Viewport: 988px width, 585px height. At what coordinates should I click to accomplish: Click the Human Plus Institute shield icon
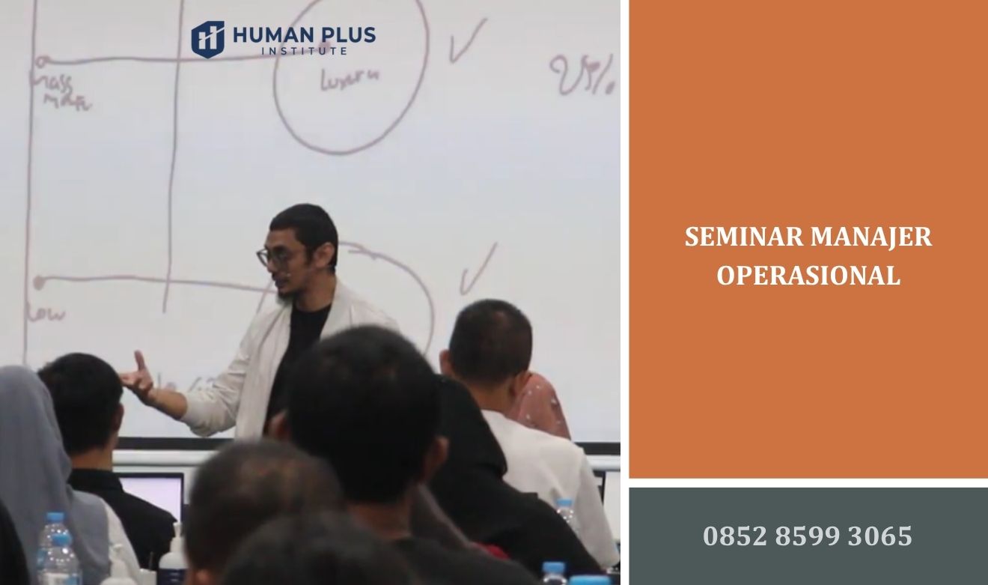click(207, 38)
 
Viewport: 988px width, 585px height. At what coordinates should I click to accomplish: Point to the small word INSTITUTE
click(303, 52)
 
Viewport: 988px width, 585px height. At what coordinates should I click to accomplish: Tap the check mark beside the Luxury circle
click(466, 41)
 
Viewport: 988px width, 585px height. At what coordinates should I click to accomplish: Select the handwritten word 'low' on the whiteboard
click(47, 312)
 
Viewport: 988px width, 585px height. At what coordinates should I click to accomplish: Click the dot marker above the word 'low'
click(39, 282)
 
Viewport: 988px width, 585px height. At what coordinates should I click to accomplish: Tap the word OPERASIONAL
click(808, 276)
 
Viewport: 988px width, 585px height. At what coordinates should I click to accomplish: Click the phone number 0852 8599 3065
click(808, 536)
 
